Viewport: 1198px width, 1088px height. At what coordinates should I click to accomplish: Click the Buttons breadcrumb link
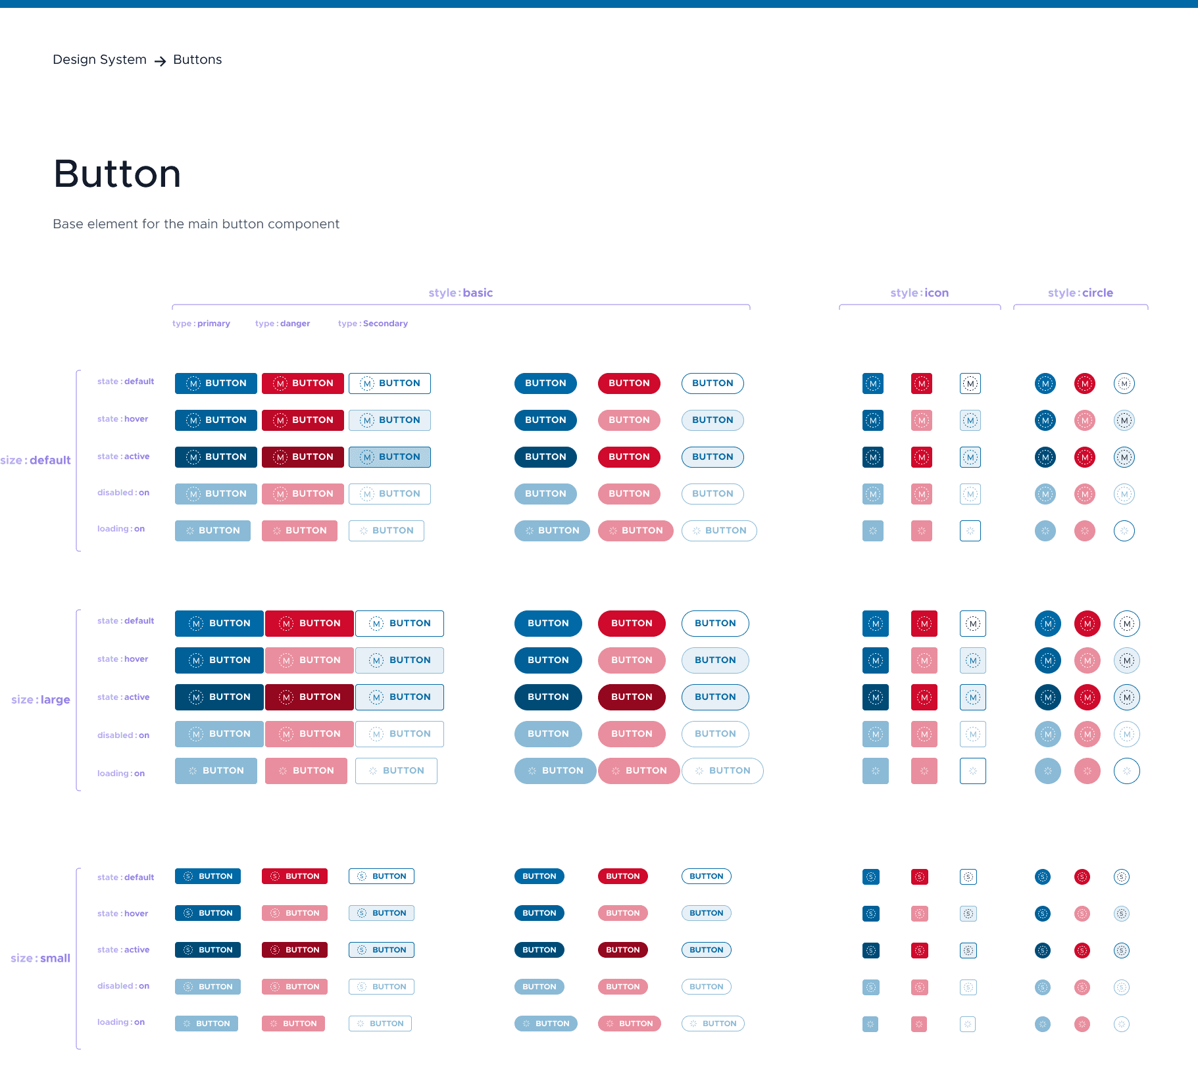pyautogui.click(x=197, y=60)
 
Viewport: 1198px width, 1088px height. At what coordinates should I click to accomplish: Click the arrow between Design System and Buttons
pyautogui.click(x=160, y=61)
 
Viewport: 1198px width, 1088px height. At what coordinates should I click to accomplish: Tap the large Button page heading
pyautogui.click(x=117, y=174)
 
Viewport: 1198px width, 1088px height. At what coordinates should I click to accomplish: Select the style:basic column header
pyautogui.click(x=461, y=293)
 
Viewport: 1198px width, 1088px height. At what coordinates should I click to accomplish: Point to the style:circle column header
pyautogui.click(x=1080, y=293)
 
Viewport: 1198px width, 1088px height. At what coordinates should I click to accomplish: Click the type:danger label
pyautogui.click(x=282, y=324)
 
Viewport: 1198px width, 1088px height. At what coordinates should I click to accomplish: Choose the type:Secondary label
pyautogui.click(x=372, y=324)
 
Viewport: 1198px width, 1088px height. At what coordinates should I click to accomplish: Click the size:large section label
pyautogui.click(x=40, y=700)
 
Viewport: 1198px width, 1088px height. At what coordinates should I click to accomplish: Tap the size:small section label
pyautogui.click(x=40, y=958)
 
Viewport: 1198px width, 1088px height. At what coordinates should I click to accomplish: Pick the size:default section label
pyautogui.click(x=36, y=460)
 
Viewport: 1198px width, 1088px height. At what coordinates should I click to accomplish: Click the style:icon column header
pyautogui.click(x=919, y=293)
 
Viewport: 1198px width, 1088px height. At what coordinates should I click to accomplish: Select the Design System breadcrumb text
pyautogui.click(x=99, y=60)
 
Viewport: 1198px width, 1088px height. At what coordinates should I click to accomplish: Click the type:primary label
pyautogui.click(x=201, y=324)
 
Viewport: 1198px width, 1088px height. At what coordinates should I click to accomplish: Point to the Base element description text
pyautogui.click(x=196, y=224)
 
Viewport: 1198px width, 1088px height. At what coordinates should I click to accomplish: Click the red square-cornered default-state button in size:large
pyautogui.click(x=309, y=624)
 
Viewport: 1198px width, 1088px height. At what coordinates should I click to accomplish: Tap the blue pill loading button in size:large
pyautogui.click(x=555, y=771)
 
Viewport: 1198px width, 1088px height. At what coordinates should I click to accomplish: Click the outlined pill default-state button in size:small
pyautogui.click(x=706, y=876)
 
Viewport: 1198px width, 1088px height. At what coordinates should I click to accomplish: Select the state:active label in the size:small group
pyautogui.click(x=123, y=950)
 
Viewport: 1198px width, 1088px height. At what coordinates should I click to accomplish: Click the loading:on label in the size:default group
pyautogui.click(x=121, y=529)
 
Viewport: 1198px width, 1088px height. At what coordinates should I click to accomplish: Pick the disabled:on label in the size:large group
pyautogui.click(x=123, y=735)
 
